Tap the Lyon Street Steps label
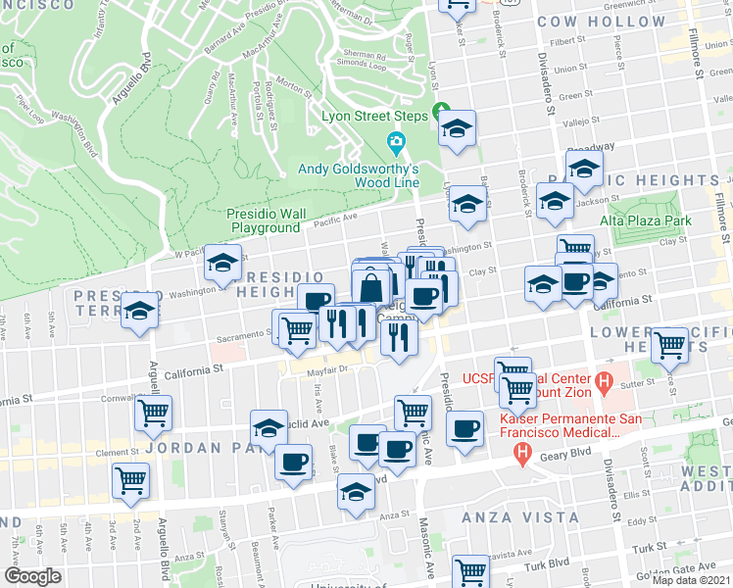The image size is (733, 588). point(376,116)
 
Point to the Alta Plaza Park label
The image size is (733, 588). point(647,220)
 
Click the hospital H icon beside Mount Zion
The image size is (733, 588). point(605,379)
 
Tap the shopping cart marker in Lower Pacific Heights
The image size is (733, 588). point(669,344)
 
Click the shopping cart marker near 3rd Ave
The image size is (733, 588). point(130,480)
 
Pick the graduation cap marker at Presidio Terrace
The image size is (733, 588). point(140,310)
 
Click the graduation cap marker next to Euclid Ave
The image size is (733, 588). point(269,427)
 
